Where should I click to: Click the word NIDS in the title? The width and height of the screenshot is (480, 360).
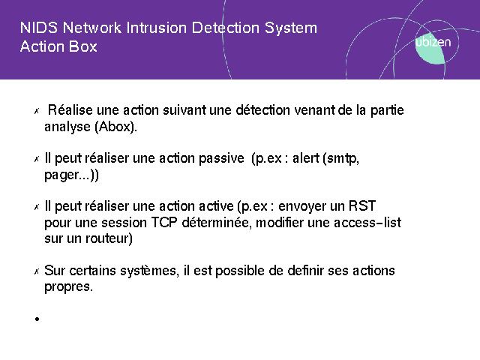pos(39,28)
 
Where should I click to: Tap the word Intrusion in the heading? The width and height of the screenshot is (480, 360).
pos(156,28)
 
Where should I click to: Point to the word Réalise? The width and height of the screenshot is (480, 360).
pos(70,110)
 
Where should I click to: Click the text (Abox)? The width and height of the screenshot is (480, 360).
pos(115,127)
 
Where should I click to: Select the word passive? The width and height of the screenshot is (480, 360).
pos(221,158)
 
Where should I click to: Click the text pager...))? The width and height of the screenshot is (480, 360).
pos(72,175)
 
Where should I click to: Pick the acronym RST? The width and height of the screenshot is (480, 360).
pos(362,206)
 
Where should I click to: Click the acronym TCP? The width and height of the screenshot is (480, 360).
pos(164,223)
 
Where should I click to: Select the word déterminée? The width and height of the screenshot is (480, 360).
pos(217,223)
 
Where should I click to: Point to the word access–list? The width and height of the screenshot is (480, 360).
pos(367,223)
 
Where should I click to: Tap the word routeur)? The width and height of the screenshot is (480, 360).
pos(109,238)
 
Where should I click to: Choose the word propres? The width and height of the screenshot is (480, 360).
pos(68,287)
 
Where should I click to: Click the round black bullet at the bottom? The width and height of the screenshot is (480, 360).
pos(37,319)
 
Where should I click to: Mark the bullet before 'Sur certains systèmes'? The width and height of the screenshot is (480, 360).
pos(37,271)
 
